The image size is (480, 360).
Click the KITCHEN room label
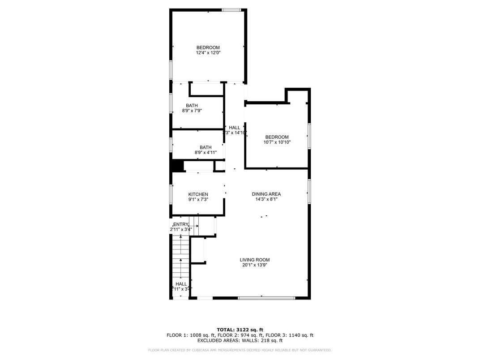[x=198, y=194]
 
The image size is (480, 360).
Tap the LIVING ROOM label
[x=254, y=260]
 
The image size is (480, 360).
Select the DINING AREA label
[x=266, y=194]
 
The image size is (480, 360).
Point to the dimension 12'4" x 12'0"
[x=208, y=53]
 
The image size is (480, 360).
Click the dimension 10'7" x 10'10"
[x=277, y=142]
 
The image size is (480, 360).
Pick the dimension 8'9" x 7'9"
[x=192, y=111]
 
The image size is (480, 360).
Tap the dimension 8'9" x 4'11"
[x=206, y=153]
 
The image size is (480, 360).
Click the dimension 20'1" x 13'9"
[x=254, y=265]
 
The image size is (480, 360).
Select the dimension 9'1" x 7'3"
[x=198, y=200]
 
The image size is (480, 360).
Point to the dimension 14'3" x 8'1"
[x=266, y=199]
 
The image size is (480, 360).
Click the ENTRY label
[x=181, y=224]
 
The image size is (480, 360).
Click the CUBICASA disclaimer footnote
[x=240, y=350]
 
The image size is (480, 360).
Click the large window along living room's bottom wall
[x=266, y=298]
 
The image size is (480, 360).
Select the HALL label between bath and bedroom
[x=235, y=128]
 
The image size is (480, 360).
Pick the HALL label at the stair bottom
[x=181, y=284]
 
